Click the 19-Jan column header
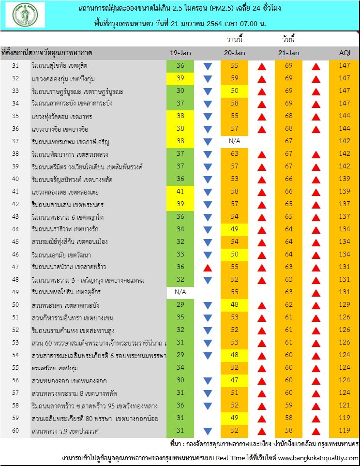click(x=180, y=53)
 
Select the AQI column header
click(x=345, y=53)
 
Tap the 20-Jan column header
click(x=235, y=53)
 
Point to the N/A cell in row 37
click(x=235, y=141)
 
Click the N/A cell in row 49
click(x=180, y=292)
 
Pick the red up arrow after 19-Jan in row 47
click(x=208, y=268)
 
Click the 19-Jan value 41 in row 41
click(x=180, y=192)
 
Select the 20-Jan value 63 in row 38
click(x=235, y=154)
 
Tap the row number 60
click(x=15, y=430)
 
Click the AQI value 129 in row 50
click(x=345, y=305)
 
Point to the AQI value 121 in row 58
click(x=345, y=405)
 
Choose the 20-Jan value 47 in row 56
click(x=235, y=380)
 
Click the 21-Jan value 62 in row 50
click(x=289, y=305)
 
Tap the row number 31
click(x=15, y=65)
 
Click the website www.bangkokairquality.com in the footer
click(x=318, y=458)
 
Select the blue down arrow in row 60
click(x=208, y=431)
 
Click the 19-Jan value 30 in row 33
click(x=180, y=90)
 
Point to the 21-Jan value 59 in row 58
click(x=289, y=405)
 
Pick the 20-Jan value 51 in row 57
click(x=235, y=392)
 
